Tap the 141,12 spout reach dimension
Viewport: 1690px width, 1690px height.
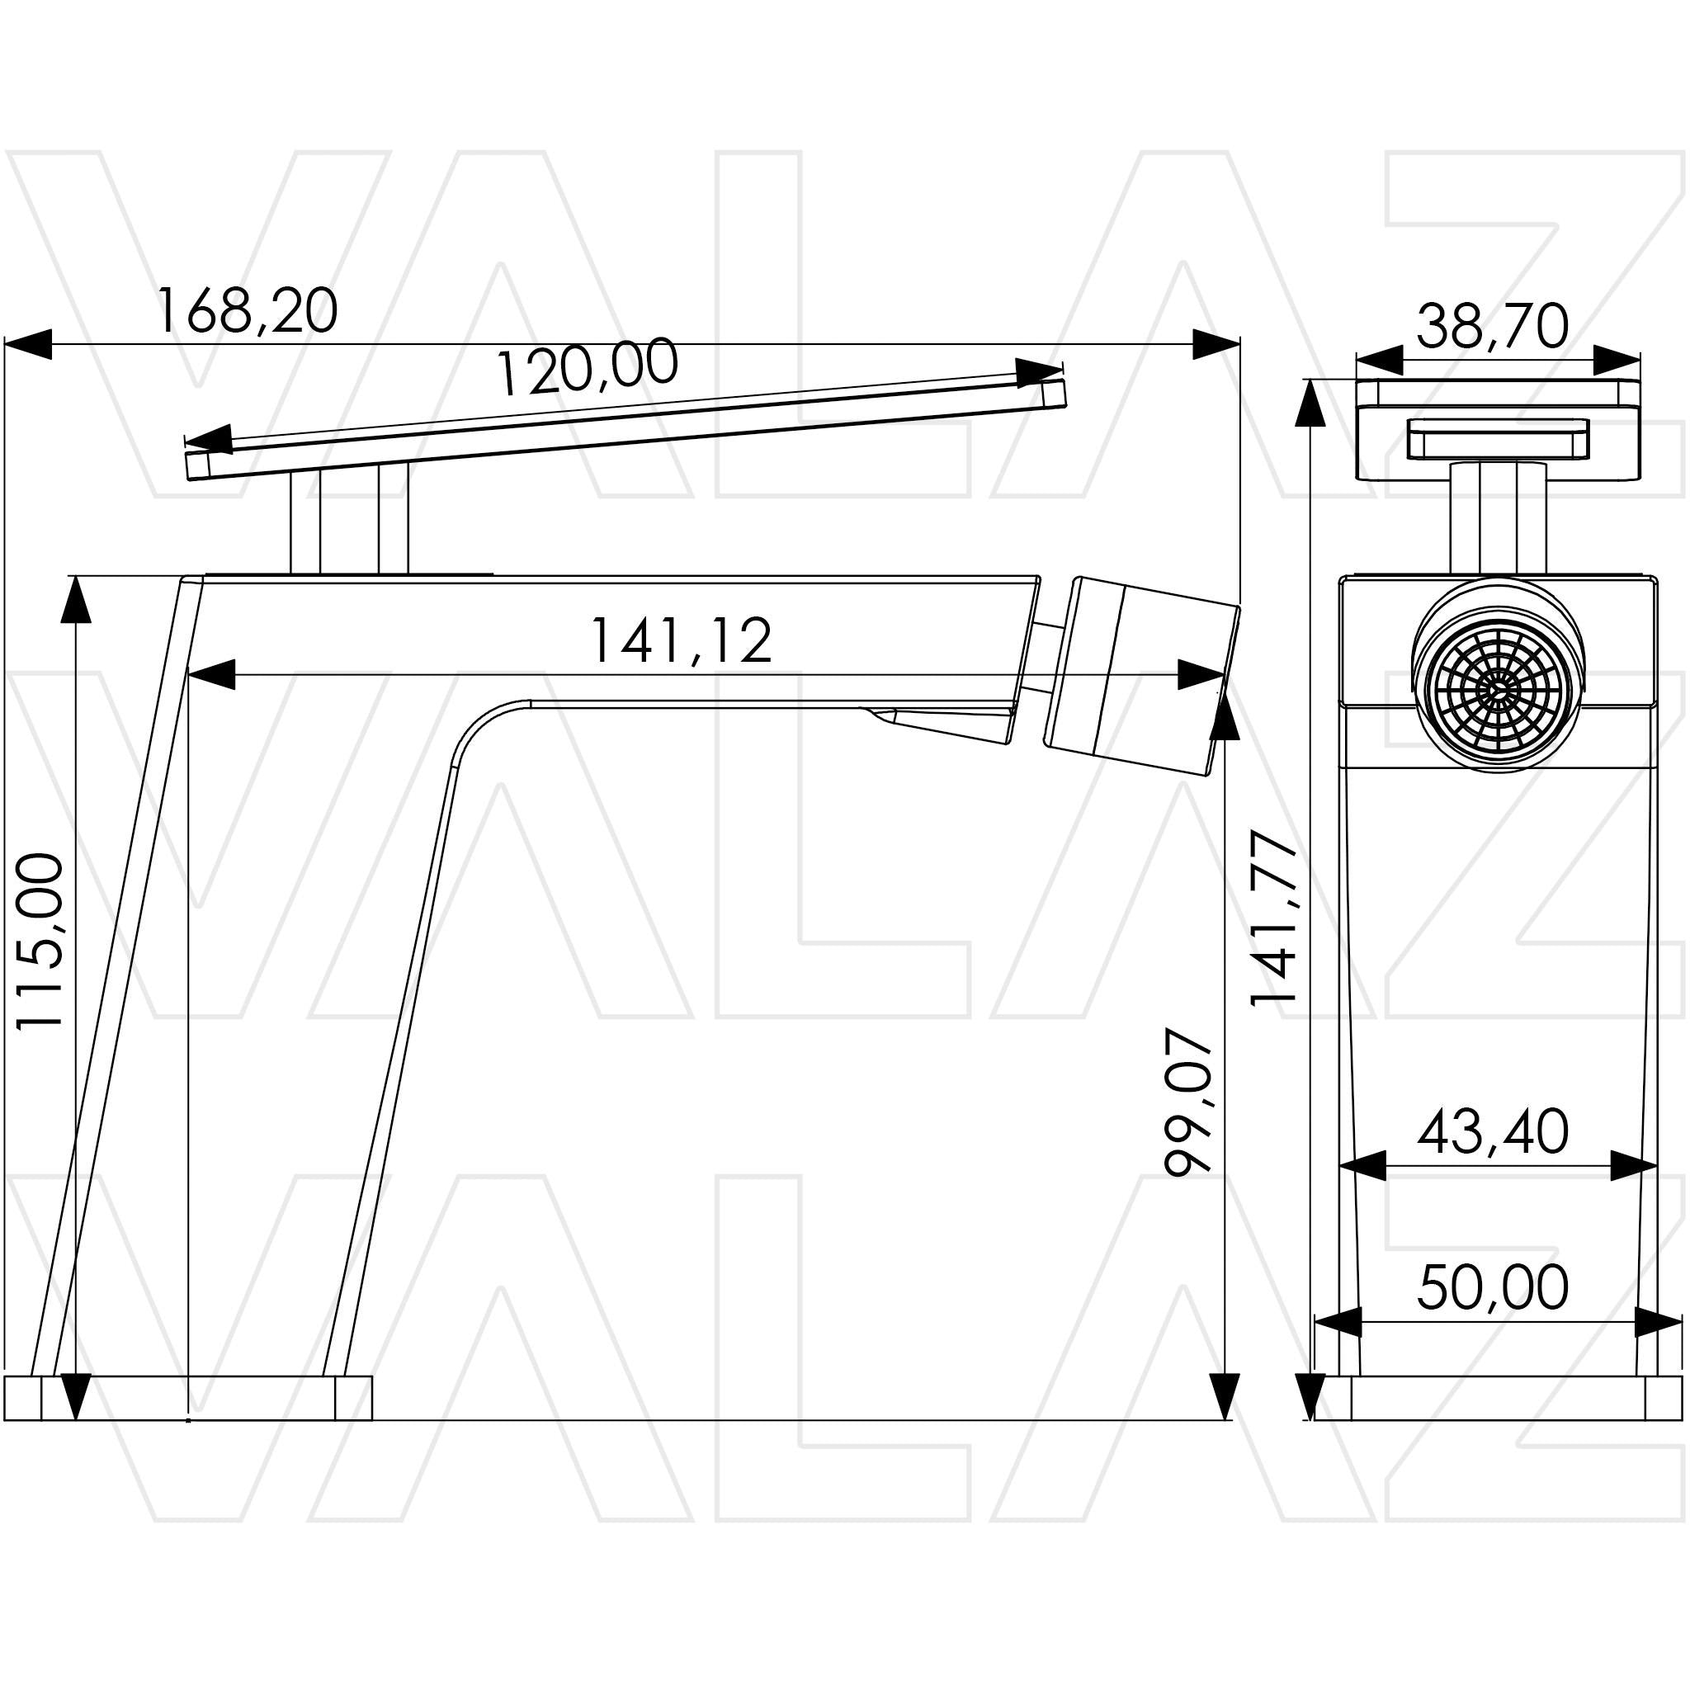click(x=682, y=640)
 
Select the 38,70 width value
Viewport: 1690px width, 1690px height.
click(x=1493, y=326)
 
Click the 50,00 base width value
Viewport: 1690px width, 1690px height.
click(x=1493, y=1286)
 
